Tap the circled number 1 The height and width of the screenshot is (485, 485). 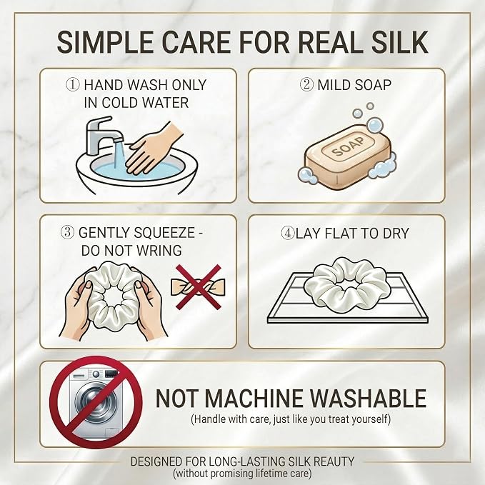[x=73, y=84]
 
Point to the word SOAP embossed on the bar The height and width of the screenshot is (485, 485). [x=348, y=147]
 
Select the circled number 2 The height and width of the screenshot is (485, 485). [x=307, y=84]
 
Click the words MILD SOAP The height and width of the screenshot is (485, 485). [x=354, y=85]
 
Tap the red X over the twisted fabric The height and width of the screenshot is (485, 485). [x=199, y=286]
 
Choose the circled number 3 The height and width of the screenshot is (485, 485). [x=67, y=232]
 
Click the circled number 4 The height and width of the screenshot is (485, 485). [x=288, y=233]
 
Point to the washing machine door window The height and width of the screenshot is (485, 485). [x=95, y=400]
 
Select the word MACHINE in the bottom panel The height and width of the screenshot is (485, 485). [x=254, y=398]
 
